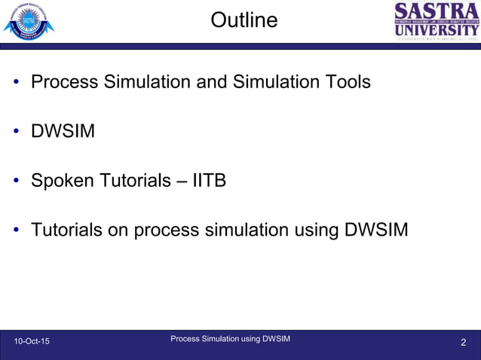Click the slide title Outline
244,20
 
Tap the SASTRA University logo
437,22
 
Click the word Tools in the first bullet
346,81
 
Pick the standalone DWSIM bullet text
63,132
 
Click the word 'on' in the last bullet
118,230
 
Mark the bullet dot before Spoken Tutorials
16,182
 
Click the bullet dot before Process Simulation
16,82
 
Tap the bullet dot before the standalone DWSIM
16,133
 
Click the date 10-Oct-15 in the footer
32,343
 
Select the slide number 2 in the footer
464,343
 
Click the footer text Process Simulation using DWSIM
230,339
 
